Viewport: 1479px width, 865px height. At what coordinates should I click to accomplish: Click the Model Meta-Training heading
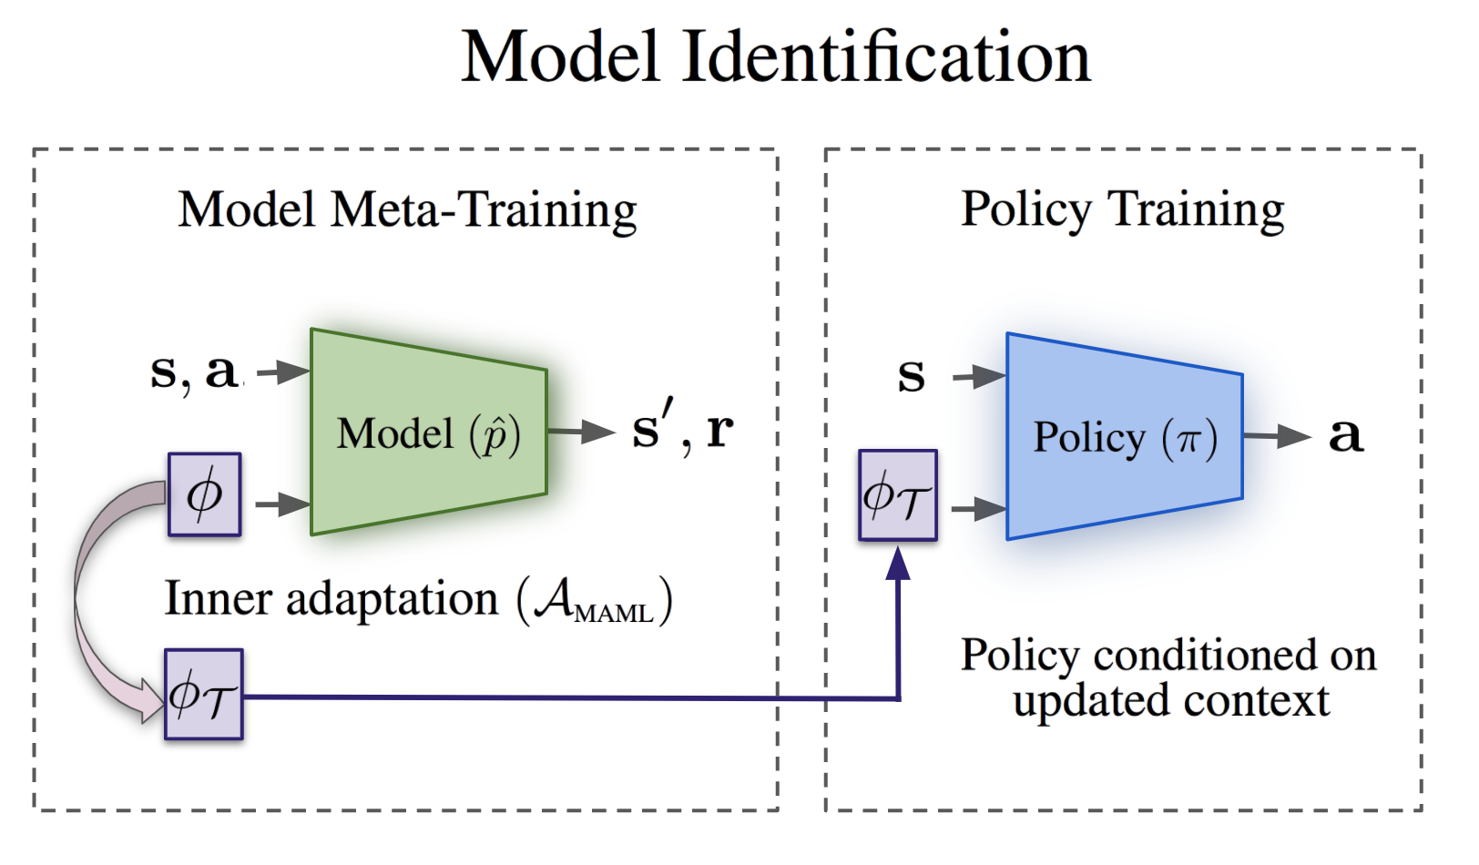click(407, 210)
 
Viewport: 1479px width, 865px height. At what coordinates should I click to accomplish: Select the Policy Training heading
click(1122, 210)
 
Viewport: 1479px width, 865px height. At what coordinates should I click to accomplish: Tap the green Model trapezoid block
click(428, 432)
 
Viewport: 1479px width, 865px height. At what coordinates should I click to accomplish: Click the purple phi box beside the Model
click(204, 494)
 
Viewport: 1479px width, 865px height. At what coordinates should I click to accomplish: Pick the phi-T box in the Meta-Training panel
click(203, 695)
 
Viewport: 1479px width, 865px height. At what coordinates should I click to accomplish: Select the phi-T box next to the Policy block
click(897, 496)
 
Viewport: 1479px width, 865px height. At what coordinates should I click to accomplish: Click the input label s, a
click(195, 371)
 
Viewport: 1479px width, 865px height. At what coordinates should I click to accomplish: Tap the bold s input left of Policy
click(911, 374)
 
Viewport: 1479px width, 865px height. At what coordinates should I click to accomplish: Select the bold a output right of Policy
click(1345, 434)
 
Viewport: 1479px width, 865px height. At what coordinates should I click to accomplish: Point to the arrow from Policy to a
click(1277, 436)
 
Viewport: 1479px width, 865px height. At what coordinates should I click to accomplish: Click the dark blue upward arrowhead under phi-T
click(898, 565)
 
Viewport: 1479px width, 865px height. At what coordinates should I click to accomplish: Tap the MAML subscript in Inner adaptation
click(613, 613)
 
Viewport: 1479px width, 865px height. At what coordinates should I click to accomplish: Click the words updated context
click(1170, 701)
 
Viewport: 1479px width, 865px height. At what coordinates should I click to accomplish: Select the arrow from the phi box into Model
click(282, 504)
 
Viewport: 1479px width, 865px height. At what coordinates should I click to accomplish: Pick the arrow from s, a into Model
click(283, 371)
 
